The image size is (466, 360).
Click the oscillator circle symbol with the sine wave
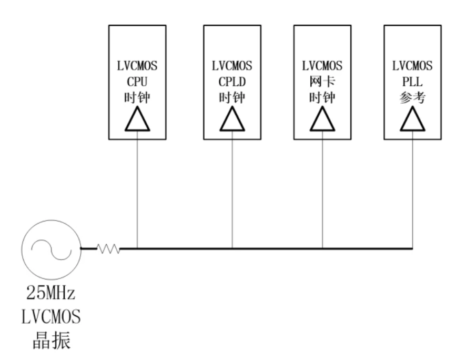point(51,248)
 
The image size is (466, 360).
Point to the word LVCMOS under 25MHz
point(51,317)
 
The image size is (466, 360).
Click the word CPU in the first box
point(137,84)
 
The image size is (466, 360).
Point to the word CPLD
point(232,84)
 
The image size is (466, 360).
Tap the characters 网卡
point(322,84)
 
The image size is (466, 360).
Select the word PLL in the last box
point(412,84)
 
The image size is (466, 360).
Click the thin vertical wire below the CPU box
point(137,189)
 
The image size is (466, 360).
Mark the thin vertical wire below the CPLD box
point(232,189)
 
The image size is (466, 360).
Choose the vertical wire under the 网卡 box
point(322,189)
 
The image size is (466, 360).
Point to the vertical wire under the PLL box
point(412,189)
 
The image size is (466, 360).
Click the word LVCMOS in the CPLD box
point(232,67)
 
